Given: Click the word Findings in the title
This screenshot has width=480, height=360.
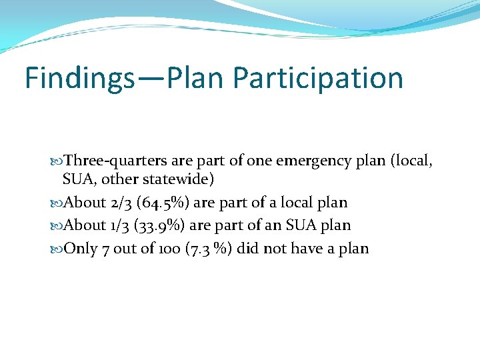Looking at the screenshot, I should [x=79, y=78].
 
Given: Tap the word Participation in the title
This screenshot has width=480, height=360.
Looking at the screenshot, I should [x=319, y=78].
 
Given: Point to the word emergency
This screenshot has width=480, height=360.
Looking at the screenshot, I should [x=304, y=161].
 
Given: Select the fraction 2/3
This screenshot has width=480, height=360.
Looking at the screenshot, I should [x=121, y=203].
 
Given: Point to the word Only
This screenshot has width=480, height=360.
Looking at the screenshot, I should [x=82, y=249].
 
